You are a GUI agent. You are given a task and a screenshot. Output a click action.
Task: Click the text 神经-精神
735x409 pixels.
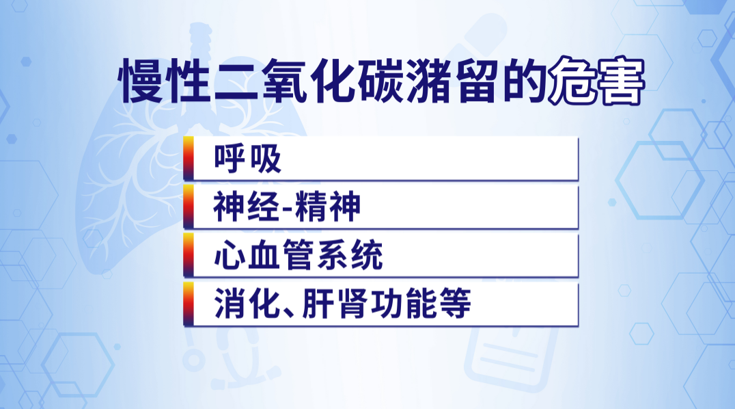(x=286, y=207)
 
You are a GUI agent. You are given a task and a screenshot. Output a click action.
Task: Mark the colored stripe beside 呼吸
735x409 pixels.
(x=186, y=159)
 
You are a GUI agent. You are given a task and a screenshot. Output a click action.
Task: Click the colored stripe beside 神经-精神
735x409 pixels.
(x=186, y=207)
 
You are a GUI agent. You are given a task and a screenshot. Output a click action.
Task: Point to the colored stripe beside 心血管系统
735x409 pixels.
(x=186, y=256)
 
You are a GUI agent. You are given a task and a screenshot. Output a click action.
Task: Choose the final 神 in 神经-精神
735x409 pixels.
(x=344, y=207)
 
